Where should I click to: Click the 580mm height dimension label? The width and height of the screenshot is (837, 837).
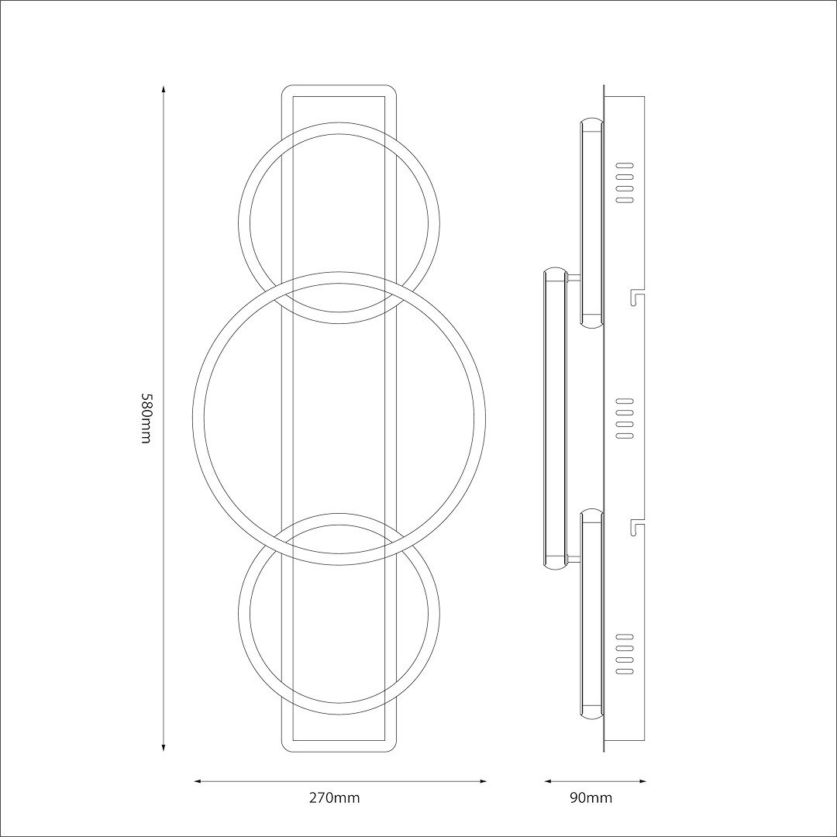[x=145, y=418]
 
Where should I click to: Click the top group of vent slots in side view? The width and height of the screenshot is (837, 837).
[x=625, y=183]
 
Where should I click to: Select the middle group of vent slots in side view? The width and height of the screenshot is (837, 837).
[x=625, y=418]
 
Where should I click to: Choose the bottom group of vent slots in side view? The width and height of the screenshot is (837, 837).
[x=625, y=653]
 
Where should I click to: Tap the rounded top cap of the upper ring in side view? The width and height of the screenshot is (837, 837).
[x=592, y=123]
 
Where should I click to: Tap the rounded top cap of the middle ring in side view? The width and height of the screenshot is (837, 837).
[x=556, y=274]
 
